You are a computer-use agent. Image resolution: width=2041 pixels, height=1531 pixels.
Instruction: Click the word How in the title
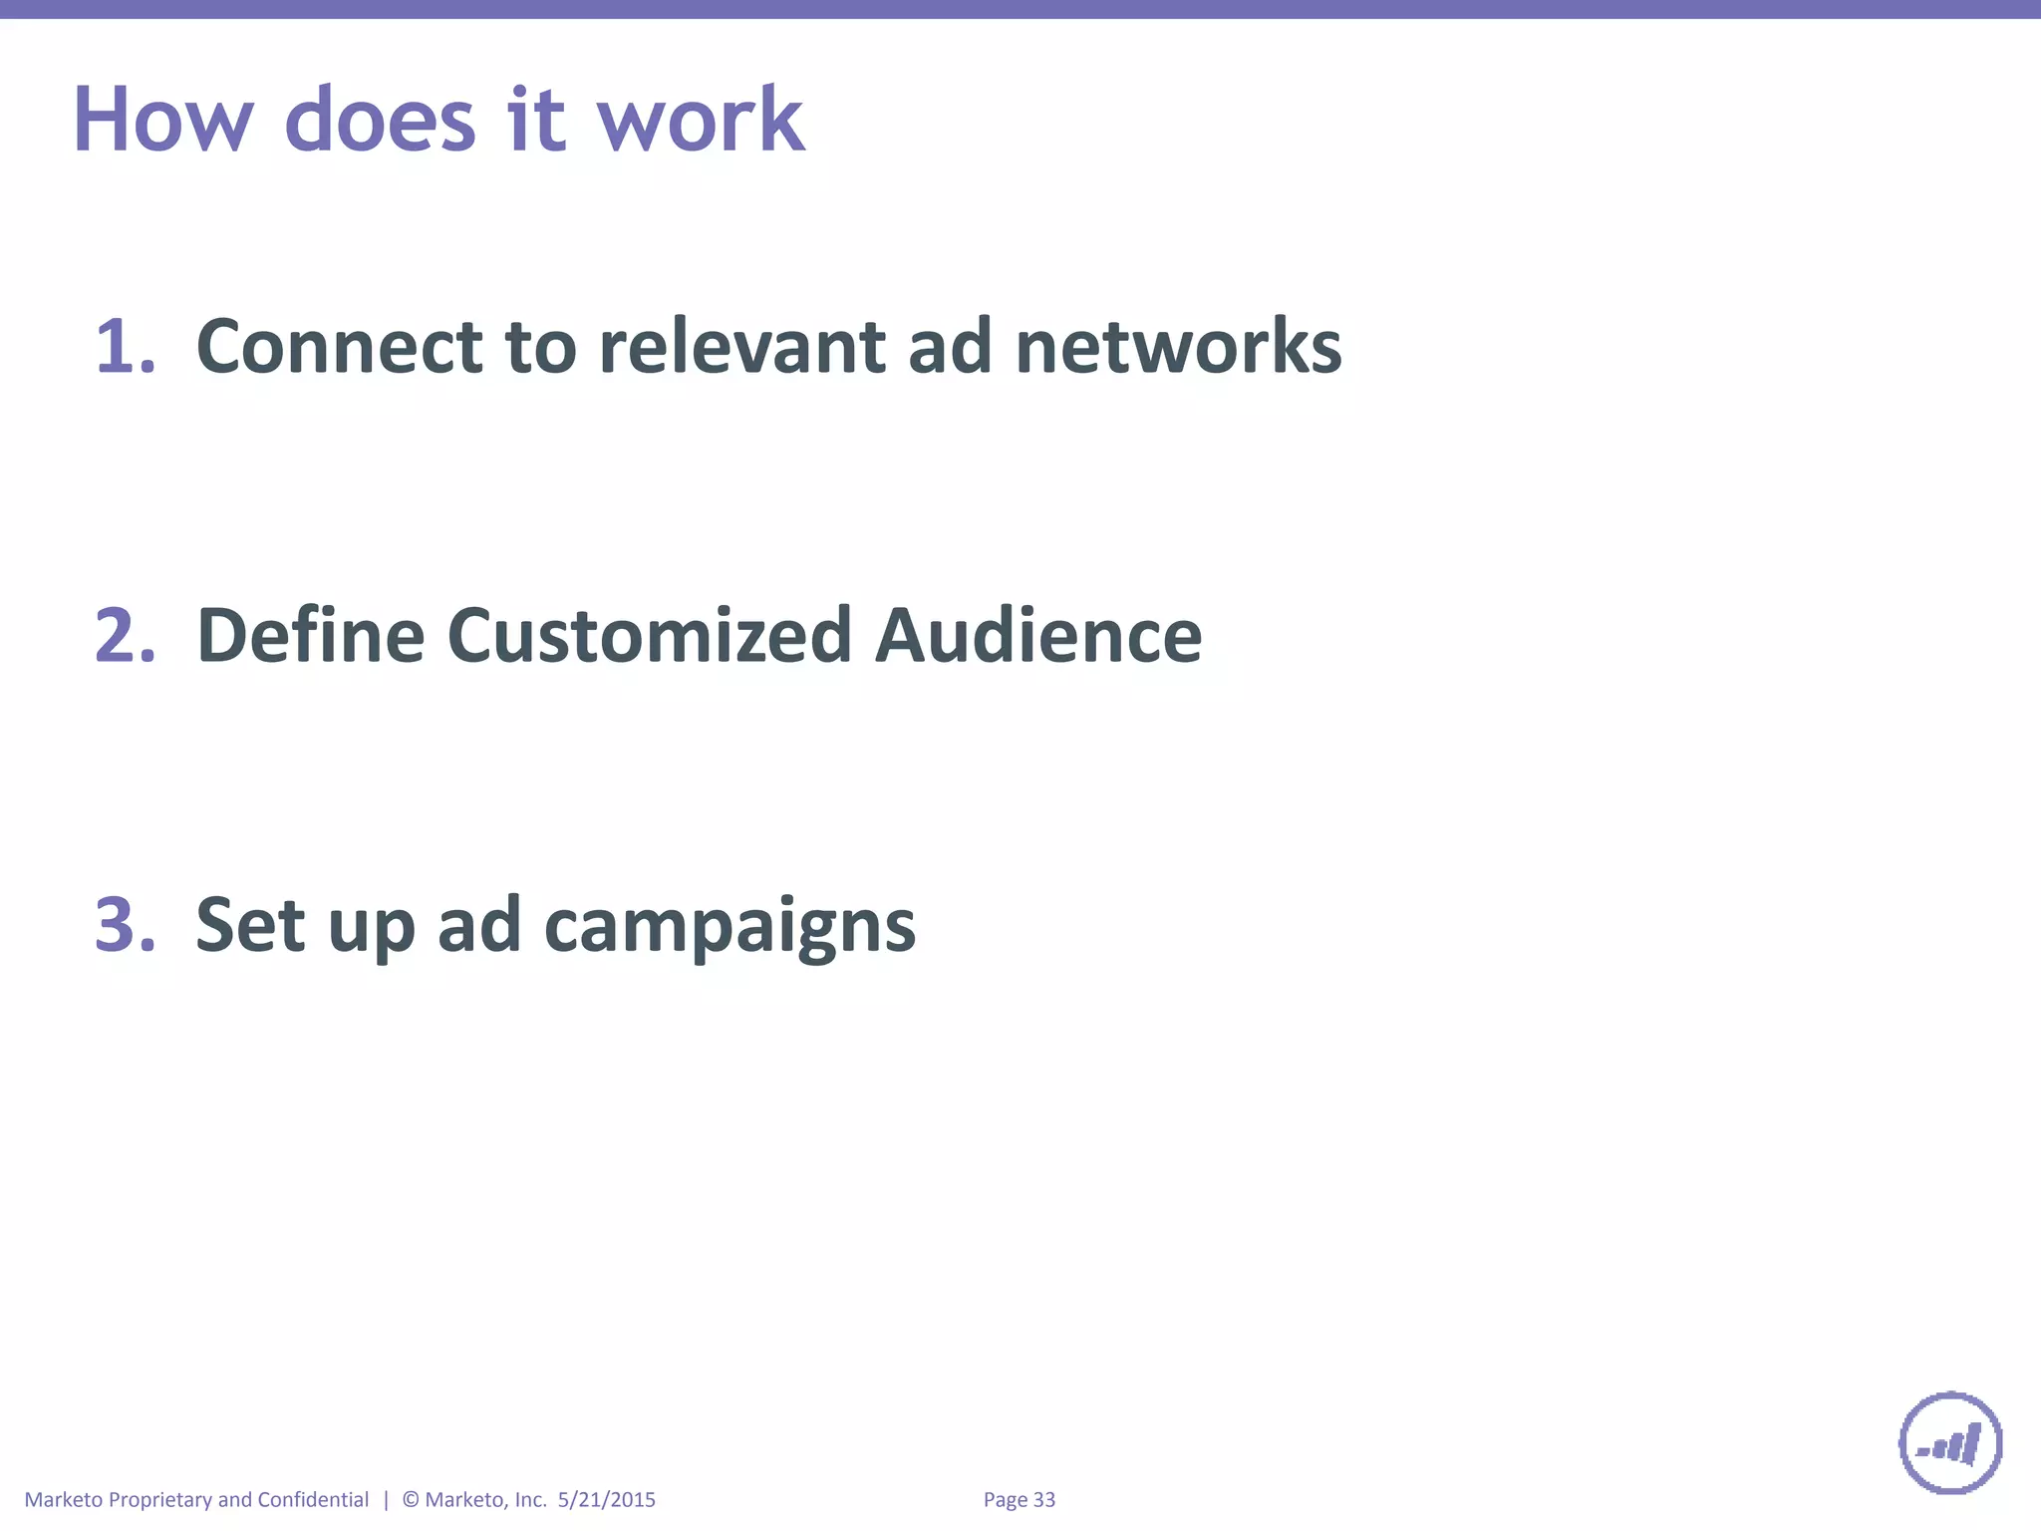[163, 120]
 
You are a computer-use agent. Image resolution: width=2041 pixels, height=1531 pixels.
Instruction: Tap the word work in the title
[700, 120]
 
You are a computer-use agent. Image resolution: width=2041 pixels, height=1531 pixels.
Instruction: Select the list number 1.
[124, 347]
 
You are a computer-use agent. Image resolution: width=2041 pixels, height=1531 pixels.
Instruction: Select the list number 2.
[125, 636]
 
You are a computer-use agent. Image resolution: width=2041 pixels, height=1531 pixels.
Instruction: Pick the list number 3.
[125, 925]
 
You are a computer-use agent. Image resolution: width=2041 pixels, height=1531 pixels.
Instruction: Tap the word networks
[1178, 347]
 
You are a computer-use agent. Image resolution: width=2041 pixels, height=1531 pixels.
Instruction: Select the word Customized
[649, 636]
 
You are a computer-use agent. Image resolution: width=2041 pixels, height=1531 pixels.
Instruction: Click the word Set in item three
[250, 925]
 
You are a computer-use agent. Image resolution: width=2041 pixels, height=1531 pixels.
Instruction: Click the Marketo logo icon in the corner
[1950, 1442]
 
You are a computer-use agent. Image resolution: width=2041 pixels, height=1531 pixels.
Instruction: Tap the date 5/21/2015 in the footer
[606, 1499]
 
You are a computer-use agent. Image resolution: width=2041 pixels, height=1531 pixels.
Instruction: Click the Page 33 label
[1019, 1499]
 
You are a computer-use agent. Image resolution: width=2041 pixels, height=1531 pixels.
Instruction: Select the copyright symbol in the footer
[411, 1499]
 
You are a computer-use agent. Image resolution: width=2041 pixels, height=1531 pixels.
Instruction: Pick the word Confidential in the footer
[313, 1499]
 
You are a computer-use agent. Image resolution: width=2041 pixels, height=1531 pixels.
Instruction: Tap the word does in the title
[381, 120]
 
